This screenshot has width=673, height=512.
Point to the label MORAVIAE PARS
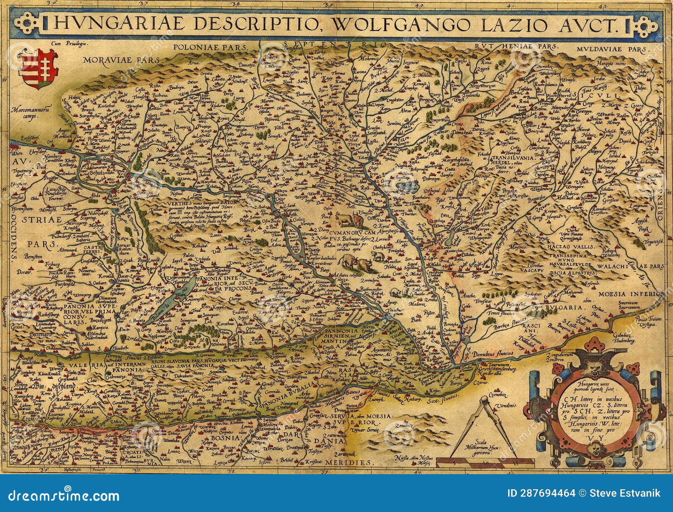[122, 61]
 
